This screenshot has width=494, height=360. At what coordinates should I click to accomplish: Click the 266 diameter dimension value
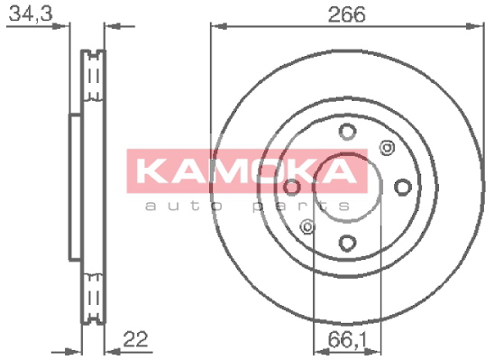point(346,14)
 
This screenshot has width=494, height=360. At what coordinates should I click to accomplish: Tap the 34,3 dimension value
point(31,14)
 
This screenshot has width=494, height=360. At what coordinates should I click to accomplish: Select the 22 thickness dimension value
point(135,339)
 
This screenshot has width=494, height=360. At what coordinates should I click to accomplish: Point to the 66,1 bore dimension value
point(347,340)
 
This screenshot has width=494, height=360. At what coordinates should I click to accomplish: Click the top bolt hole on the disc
point(347,131)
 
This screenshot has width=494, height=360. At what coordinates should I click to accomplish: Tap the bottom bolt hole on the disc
point(347,243)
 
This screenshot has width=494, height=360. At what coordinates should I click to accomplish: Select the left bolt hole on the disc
point(292,187)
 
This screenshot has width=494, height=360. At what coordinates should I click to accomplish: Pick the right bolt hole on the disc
point(403,187)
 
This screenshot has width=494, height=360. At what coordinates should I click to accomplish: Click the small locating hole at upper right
point(387,148)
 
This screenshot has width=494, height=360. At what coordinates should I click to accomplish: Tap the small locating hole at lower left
point(307,226)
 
